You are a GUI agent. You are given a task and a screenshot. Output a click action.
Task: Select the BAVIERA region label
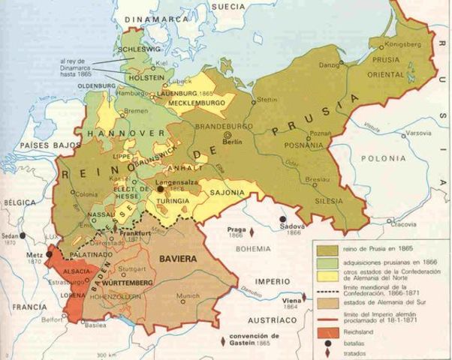(x=177, y=258)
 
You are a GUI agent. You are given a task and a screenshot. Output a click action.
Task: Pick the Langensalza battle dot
(x=159, y=190)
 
